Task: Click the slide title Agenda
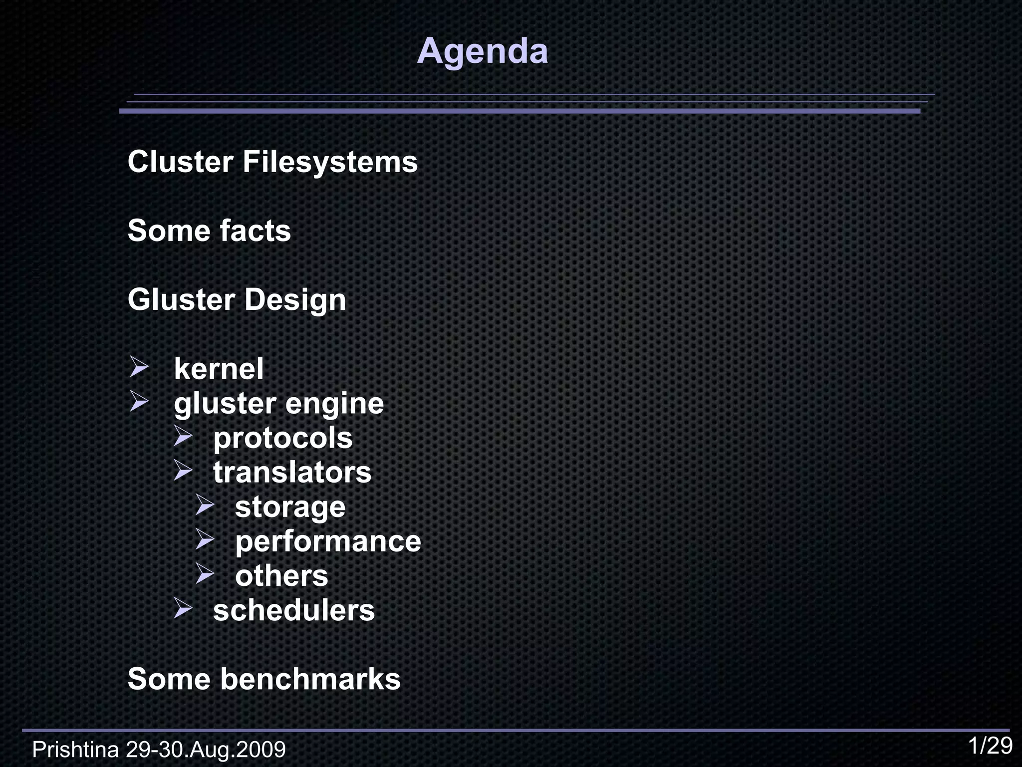pos(482,51)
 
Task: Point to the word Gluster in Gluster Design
pos(181,300)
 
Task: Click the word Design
pos(295,300)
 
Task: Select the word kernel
pos(219,369)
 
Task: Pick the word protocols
pos(283,438)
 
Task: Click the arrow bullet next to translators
pos(183,470)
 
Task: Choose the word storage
pos(290,507)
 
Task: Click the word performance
pos(328,541)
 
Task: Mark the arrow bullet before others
pos(205,573)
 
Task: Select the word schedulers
pos(293,610)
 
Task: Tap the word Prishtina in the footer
pos(75,750)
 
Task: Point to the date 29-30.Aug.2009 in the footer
pos(206,750)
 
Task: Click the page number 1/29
pos(990,746)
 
